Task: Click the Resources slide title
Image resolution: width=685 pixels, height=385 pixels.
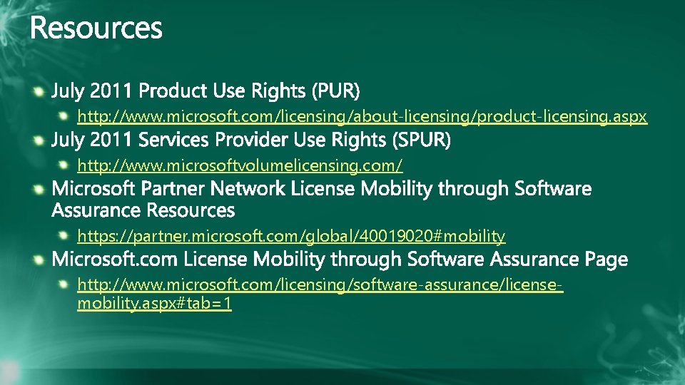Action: pyautogui.click(x=96, y=29)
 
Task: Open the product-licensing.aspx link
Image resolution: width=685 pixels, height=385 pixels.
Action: pyautogui.click(x=362, y=116)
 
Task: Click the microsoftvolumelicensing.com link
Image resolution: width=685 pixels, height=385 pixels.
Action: pyautogui.click(x=240, y=165)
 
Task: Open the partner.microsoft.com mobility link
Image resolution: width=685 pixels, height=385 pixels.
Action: pyautogui.click(x=291, y=235)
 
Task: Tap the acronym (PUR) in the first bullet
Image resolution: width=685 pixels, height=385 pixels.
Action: pyautogui.click(x=335, y=91)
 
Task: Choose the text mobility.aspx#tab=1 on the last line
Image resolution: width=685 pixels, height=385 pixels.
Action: pyautogui.click(x=154, y=304)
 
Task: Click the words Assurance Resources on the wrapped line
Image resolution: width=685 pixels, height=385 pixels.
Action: pyautogui.click(x=143, y=210)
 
